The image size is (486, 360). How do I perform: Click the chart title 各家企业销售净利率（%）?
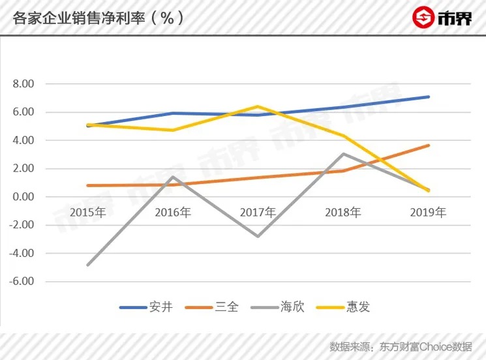pyautogui.click(x=99, y=18)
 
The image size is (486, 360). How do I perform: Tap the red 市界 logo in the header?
pyautogui.click(x=441, y=18)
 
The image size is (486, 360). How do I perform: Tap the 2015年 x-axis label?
pyautogui.click(x=87, y=213)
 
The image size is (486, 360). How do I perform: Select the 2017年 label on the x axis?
pyautogui.click(x=258, y=213)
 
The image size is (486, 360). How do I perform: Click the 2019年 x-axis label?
pyautogui.click(x=428, y=213)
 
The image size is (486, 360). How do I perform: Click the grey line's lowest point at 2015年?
pyautogui.click(x=87, y=265)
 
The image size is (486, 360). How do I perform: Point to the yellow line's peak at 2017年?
pyautogui.click(x=258, y=106)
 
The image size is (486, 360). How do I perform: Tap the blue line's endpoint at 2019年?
pyautogui.click(x=428, y=97)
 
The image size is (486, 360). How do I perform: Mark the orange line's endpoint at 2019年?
pyautogui.click(x=428, y=145)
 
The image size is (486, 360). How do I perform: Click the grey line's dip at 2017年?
pyautogui.click(x=258, y=236)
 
